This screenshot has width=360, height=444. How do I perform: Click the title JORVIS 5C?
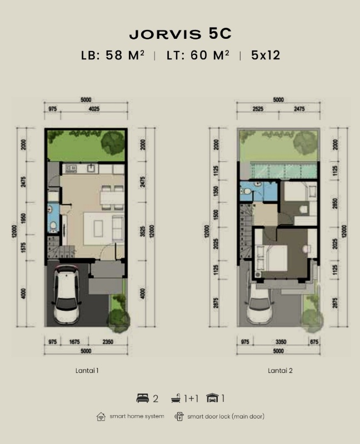(181, 34)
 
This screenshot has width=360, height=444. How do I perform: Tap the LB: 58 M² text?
(113, 55)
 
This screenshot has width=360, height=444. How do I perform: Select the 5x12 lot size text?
(266, 55)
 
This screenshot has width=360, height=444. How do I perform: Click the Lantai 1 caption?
(87, 370)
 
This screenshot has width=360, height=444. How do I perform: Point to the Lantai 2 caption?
(280, 370)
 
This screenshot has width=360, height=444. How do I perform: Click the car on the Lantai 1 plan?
(67, 295)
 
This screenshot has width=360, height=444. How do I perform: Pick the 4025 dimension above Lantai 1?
(94, 109)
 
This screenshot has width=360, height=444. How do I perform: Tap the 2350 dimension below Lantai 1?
(108, 342)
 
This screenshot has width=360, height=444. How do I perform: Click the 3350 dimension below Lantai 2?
(281, 342)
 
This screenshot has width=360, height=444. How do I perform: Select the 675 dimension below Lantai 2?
(314, 342)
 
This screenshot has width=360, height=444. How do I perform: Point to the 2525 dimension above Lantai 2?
(258, 109)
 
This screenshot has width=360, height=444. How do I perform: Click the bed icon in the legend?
(143, 398)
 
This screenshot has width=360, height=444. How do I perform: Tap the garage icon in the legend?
(212, 398)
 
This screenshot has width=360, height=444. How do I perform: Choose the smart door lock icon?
(179, 416)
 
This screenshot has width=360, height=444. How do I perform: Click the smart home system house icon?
(101, 416)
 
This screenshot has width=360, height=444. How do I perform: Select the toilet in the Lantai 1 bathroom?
(53, 226)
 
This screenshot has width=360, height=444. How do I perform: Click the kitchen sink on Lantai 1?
(92, 168)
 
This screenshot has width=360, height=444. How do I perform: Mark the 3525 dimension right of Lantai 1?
(143, 231)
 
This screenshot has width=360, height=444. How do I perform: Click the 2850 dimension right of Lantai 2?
(336, 204)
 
